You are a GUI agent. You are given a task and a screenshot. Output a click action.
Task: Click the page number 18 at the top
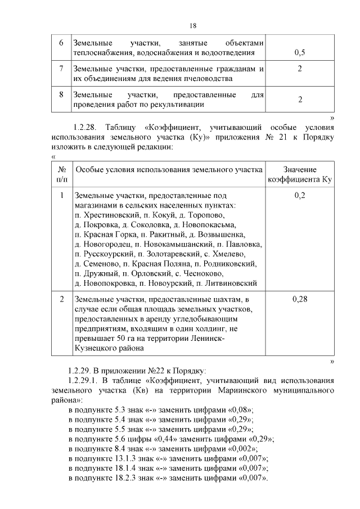click(x=192, y=26)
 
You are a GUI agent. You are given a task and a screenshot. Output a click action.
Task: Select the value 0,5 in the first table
click(x=300, y=53)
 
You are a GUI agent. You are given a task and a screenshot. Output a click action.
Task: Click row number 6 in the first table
click(x=61, y=43)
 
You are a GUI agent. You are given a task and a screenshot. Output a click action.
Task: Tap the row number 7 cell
click(x=61, y=69)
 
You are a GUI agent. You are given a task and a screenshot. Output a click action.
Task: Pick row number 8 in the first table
click(x=61, y=94)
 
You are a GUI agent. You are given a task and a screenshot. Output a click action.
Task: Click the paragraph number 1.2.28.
click(x=82, y=127)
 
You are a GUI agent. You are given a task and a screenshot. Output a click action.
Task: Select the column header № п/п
click(x=61, y=174)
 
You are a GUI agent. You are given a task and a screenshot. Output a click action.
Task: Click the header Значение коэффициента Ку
click(x=300, y=174)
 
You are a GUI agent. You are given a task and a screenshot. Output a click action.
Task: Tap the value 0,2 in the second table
click(x=300, y=195)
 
